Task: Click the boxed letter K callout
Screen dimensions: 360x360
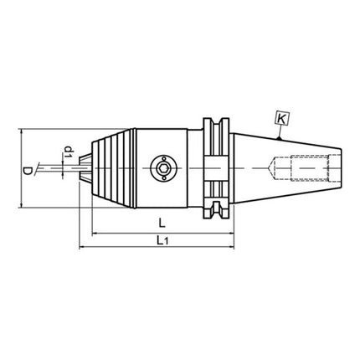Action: point(282,121)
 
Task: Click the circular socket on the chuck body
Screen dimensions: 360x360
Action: point(161,167)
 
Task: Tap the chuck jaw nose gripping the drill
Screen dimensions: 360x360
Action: point(85,167)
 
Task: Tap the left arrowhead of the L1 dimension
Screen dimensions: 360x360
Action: point(82,249)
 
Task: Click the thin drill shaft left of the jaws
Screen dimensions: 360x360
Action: point(59,167)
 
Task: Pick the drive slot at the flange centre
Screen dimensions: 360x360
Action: point(217,167)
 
